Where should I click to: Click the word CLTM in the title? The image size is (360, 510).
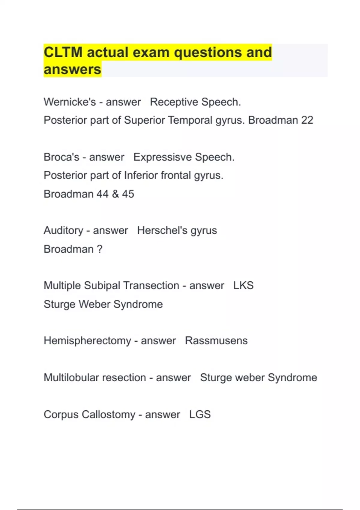click(x=63, y=52)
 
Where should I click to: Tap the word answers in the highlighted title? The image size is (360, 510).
click(x=72, y=70)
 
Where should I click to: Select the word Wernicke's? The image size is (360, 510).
click(x=70, y=102)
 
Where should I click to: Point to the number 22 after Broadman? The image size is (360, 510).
click(x=307, y=120)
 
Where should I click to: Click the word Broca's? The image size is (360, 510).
click(x=61, y=157)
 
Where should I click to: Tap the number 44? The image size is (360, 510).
click(x=102, y=194)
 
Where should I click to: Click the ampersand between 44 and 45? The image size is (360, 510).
click(x=115, y=194)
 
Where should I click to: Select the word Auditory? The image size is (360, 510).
click(x=63, y=230)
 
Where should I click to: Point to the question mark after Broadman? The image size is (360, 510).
click(x=100, y=249)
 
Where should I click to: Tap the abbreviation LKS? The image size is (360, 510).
click(x=243, y=286)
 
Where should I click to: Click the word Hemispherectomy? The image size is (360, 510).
click(x=87, y=341)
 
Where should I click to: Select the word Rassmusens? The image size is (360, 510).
click(x=216, y=341)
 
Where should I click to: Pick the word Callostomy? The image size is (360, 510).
click(x=108, y=415)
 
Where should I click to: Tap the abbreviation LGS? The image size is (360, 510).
click(x=200, y=415)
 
